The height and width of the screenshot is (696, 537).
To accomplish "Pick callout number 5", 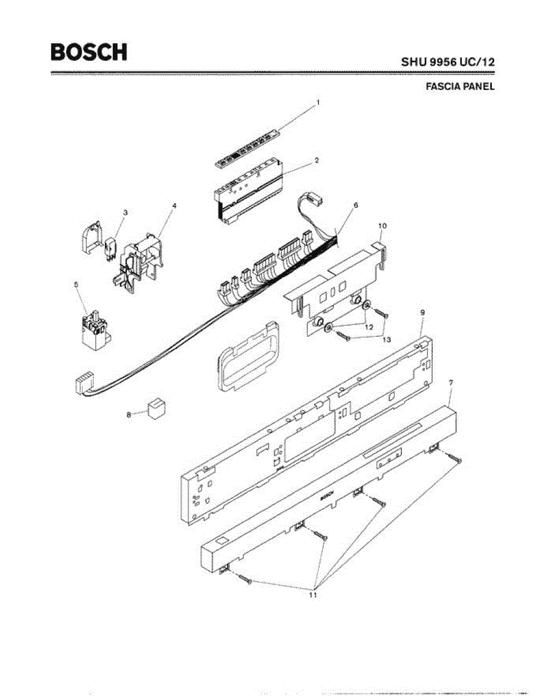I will click(76, 284).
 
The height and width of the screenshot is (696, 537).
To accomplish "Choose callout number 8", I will click(129, 414).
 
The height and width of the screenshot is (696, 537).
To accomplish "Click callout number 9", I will click(422, 313).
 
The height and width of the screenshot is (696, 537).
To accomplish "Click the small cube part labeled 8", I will click(156, 408).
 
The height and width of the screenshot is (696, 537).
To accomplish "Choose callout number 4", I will click(174, 205).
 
